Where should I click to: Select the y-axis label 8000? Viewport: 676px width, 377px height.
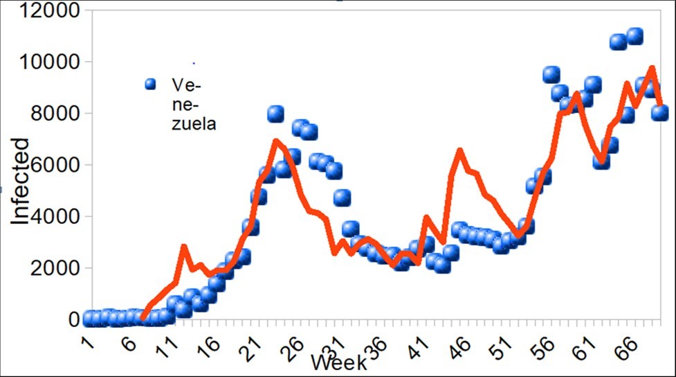tap(55, 114)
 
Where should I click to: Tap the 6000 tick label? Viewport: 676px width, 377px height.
tap(55, 165)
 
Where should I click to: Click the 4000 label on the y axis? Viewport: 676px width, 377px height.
tap(55, 216)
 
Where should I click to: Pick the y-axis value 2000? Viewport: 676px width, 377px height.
tap(55, 268)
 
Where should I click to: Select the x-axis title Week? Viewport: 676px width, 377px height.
tap(339, 361)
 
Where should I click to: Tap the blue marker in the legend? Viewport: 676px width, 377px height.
tap(151, 85)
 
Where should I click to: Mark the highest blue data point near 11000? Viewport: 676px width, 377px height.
tap(634, 35)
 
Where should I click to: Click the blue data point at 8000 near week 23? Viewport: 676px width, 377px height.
tap(276, 113)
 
